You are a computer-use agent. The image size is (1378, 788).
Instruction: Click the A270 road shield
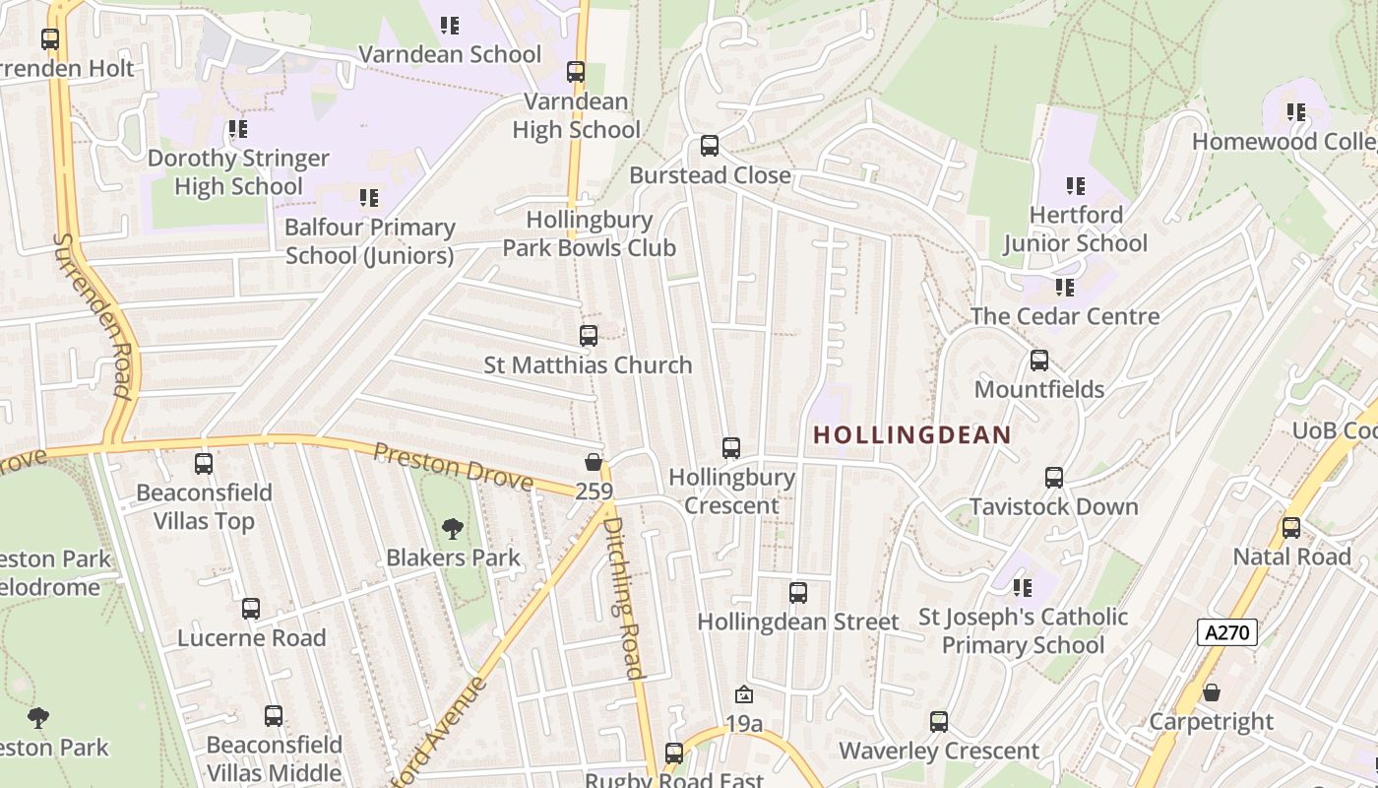coord(1227,632)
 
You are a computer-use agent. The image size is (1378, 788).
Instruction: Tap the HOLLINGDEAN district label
coord(911,434)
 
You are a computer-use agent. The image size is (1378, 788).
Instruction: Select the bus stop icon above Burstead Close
coord(709,146)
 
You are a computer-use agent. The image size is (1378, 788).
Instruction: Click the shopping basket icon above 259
coord(594,462)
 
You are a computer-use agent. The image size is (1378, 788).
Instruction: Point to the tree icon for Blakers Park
coord(452,529)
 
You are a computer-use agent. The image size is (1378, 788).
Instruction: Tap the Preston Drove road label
coord(453,467)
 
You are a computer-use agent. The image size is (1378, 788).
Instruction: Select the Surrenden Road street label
coord(93,315)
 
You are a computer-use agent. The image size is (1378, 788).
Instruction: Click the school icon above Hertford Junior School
coord(1075,185)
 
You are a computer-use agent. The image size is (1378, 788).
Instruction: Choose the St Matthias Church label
coord(588,364)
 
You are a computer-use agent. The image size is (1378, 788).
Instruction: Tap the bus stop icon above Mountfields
coord(1039,361)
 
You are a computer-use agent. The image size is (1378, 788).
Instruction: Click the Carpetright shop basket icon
coord(1212,692)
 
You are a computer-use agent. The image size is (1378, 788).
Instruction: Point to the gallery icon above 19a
coord(744,695)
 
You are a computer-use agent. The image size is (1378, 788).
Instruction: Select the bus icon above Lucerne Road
coord(251,609)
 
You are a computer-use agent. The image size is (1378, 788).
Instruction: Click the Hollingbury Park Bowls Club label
coord(589,233)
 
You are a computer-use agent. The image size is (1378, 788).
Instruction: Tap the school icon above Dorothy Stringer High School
coord(237,129)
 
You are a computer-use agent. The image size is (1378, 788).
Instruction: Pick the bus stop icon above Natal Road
coord(1291,528)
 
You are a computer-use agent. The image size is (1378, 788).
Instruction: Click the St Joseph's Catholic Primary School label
coord(1023,631)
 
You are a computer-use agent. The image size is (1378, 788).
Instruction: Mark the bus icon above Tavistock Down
coord(1054,478)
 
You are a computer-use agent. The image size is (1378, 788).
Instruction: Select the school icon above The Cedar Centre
coord(1064,288)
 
